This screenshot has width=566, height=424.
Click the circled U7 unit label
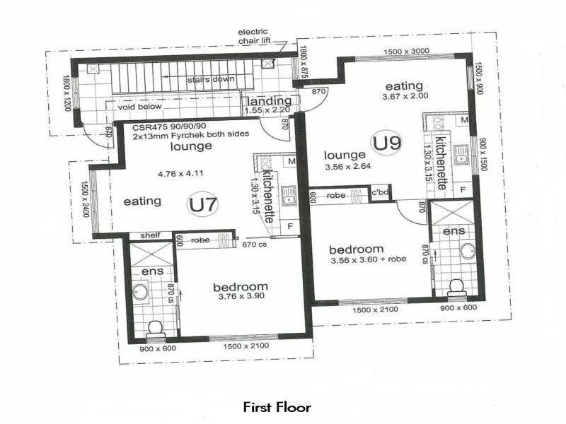[x=203, y=205]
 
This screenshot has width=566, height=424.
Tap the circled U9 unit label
[x=386, y=143]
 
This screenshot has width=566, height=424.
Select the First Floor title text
[x=277, y=407]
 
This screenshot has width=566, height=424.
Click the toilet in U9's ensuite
[x=457, y=288]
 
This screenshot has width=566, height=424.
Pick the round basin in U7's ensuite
[x=140, y=292]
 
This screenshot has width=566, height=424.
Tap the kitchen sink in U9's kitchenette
[x=461, y=154]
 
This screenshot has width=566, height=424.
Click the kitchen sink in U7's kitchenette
[x=289, y=196]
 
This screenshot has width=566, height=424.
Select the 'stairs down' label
[x=210, y=79]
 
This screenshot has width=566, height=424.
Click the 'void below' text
[x=139, y=107]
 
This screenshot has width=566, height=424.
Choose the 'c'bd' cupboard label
[x=380, y=192]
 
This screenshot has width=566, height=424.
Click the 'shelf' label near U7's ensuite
[x=150, y=235]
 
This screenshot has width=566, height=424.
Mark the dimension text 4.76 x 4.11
[x=180, y=174]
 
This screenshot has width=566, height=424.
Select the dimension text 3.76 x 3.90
[x=241, y=296]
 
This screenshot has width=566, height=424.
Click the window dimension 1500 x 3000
[x=406, y=52]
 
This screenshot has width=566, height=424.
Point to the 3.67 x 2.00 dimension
[x=405, y=96]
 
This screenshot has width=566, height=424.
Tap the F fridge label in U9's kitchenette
[x=463, y=189]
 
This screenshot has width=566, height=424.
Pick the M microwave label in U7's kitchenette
[x=291, y=161]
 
